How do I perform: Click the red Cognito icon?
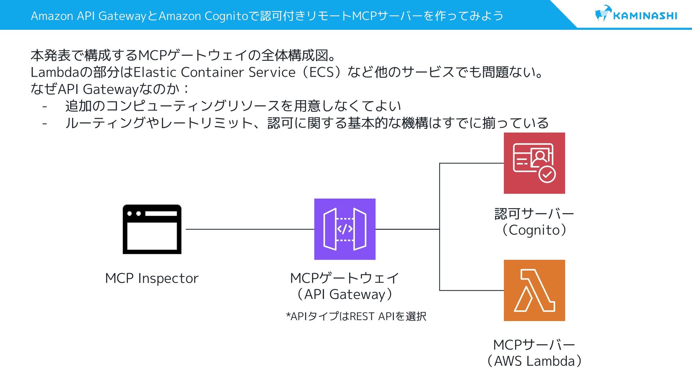click(x=534, y=163)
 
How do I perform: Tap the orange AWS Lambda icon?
click(x=534, y=290)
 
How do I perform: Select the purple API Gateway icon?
click(x=345, y=229)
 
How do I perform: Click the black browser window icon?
click(x=152, y=229)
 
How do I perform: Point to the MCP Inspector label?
click(x=152, y=278)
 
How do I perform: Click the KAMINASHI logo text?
click(x=645, y=16)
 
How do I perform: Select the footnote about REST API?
click(x=356, y=316)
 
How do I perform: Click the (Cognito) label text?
click(x=534, y=230)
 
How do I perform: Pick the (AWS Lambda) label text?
click(x=534, y=361)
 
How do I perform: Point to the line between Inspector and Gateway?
click(x=250, y=229)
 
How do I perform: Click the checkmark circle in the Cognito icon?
click(x=547, y=174)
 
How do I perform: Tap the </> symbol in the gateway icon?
click(x=345, y=229)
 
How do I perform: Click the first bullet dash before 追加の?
click(x=45, y=107)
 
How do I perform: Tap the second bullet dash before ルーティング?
click(x=45, y=124)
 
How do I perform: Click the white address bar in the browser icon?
click(x=161, y=214)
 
